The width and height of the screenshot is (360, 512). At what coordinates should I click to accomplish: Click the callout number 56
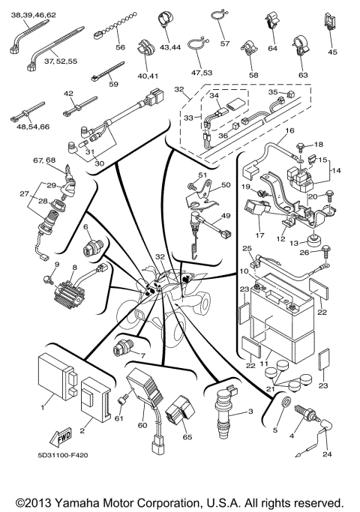[x=120, y=47]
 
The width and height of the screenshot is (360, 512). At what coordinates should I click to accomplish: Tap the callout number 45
[x=333, y=52]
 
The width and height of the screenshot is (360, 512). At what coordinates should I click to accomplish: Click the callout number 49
[x=223, y=217]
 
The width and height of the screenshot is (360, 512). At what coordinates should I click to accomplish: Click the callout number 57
[x=225, y=44]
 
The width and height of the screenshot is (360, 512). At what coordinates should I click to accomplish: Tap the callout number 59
[x=113, y=84]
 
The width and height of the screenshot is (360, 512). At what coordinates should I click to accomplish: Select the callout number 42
[x=68, y=94]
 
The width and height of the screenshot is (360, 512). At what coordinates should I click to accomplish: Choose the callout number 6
[x=86, y=226]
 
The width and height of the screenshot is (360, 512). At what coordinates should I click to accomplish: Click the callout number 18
[x=318, y=144]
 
